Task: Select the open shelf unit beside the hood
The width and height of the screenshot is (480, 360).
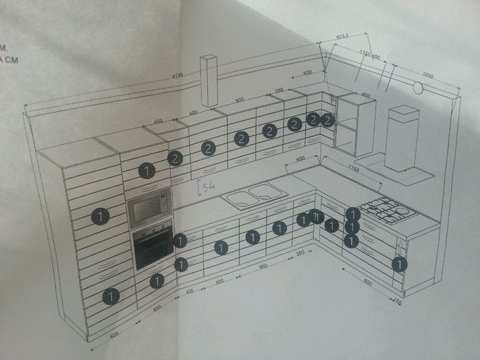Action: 355,125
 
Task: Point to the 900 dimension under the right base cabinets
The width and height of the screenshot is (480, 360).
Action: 368,282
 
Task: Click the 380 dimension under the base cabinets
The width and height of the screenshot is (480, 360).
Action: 299,254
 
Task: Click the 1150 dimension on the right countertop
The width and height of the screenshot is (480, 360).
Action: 354,169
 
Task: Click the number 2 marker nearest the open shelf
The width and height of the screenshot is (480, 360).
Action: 328,120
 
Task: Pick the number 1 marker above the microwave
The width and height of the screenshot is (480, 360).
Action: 146,170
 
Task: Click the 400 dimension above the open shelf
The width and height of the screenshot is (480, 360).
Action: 365,95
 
